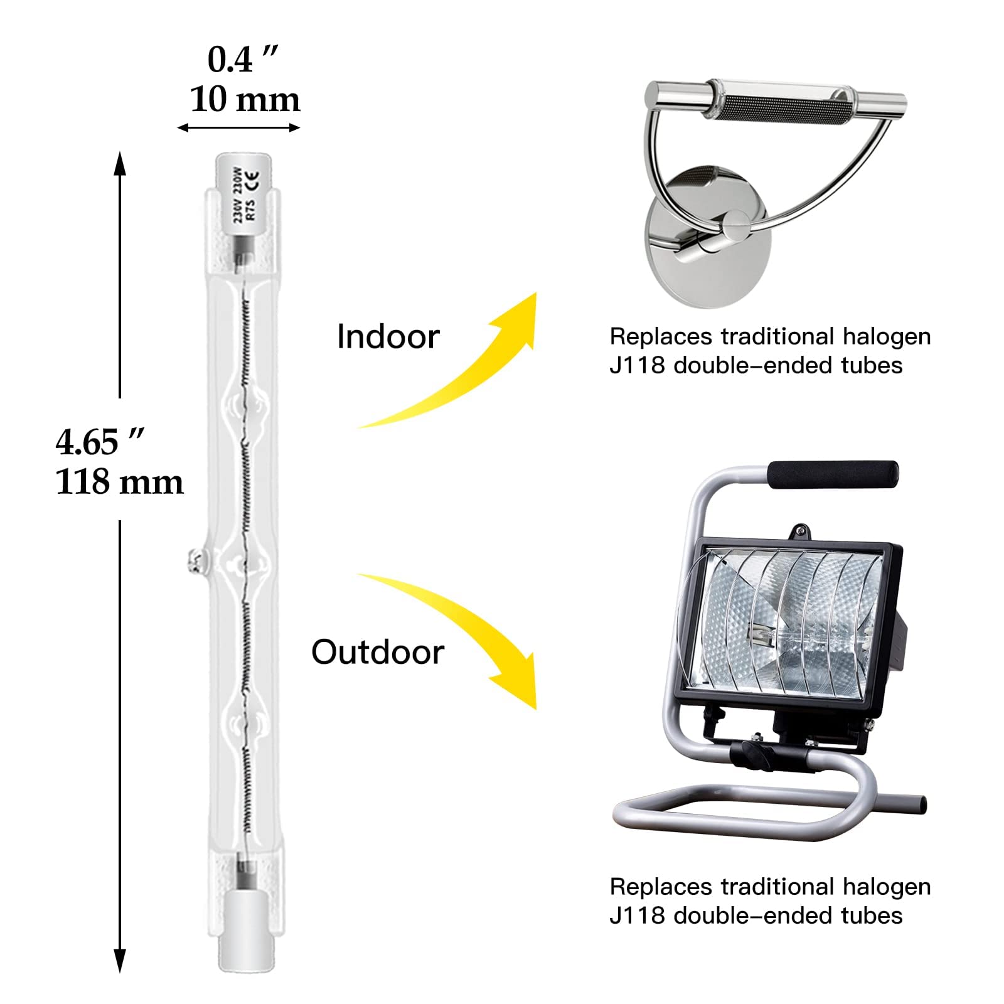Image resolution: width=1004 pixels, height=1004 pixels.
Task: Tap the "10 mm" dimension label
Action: (x=245, y=100)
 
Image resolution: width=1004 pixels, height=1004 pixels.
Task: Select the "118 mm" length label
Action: (x=119, y=482)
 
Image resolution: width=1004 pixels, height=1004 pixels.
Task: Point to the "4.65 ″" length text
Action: (x=100, y=442)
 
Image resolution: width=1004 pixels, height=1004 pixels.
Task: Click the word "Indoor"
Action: (x=388, y=336)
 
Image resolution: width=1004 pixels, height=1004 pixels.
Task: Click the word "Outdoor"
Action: (x=378, y=652)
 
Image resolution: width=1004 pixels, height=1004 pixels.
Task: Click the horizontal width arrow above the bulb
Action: (x=238, y=128)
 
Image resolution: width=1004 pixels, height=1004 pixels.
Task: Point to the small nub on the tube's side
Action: (x=196, y=560)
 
